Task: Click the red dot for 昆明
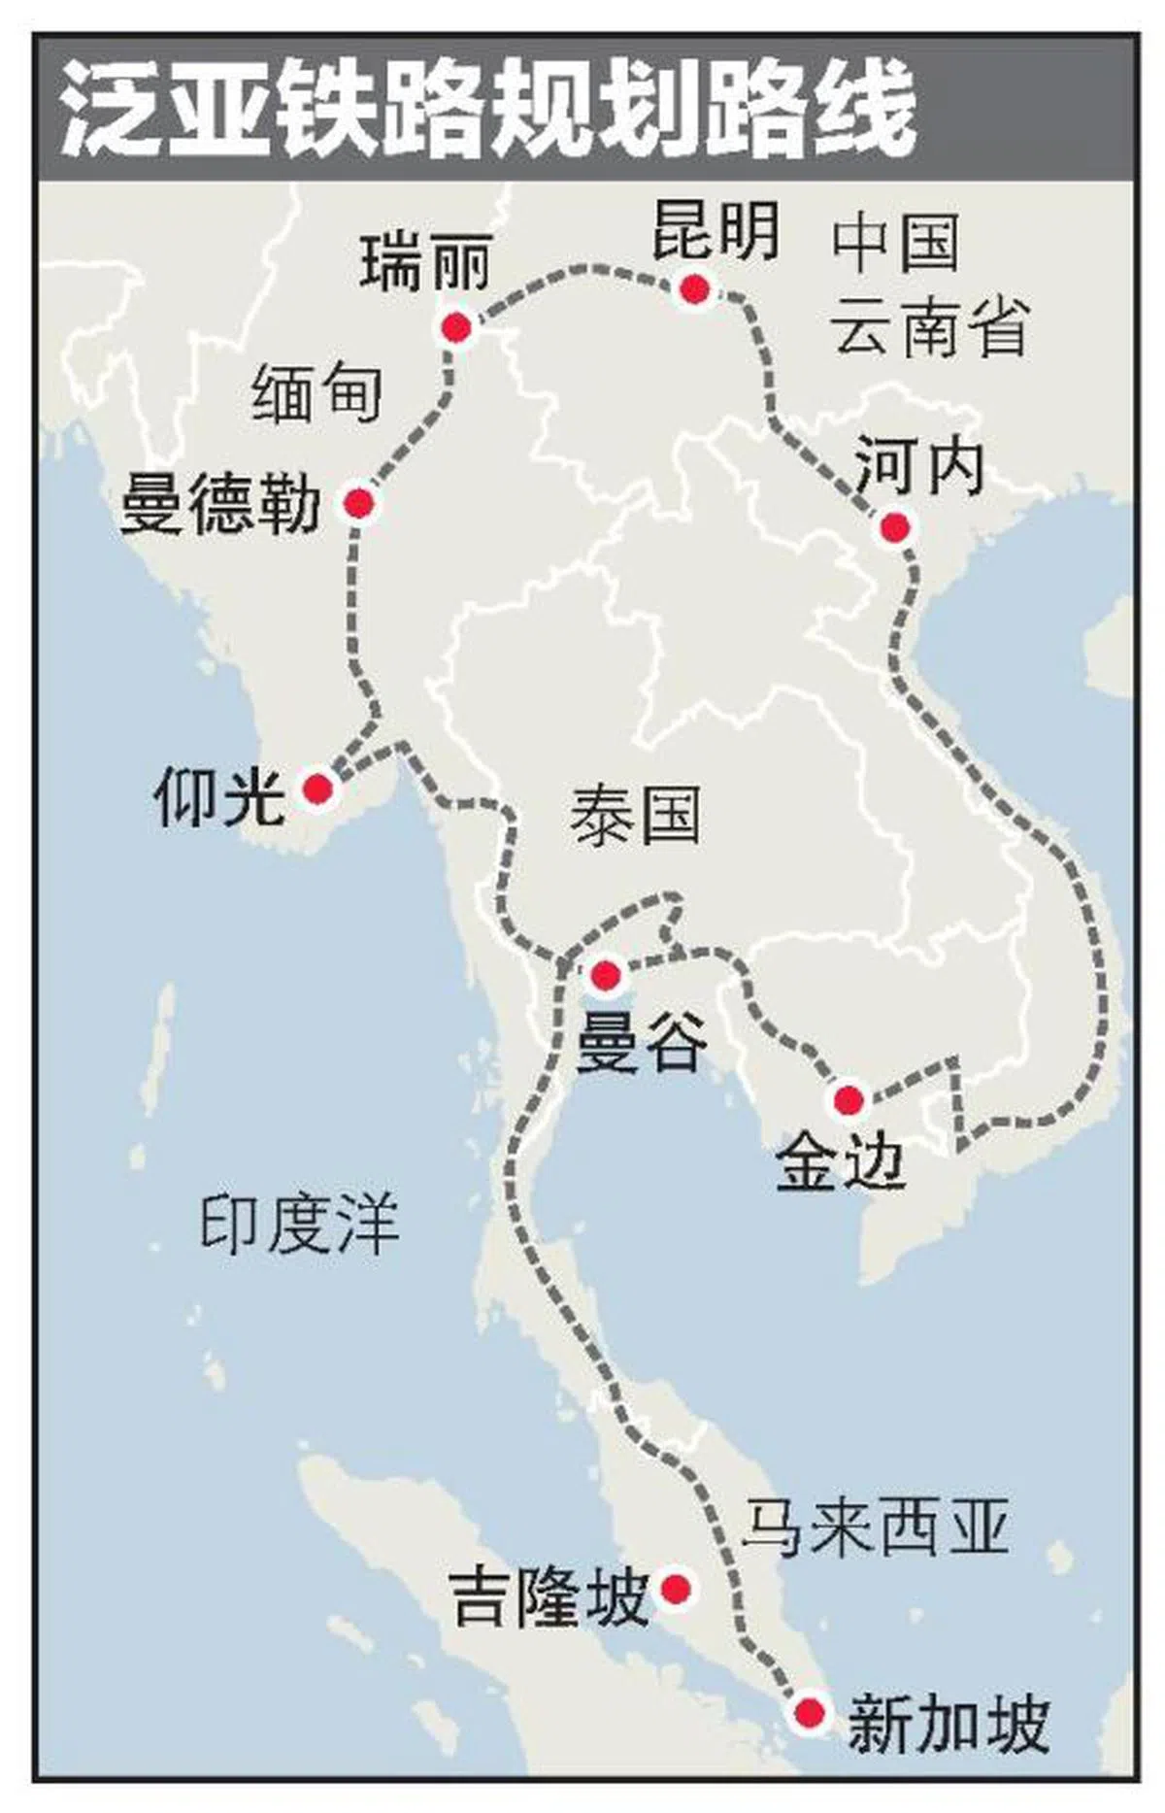(694, 288)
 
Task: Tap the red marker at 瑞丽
(455, 328)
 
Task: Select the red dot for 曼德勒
(358, 503)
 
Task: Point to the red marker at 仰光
(317, 789)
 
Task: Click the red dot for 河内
(894, 527)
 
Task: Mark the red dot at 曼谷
(605, 974)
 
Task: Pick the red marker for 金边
(848, 1100)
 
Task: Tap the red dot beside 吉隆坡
(676, 1589)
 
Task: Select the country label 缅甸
(316, 392)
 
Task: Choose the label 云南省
(931, 326)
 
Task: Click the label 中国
(895, 243)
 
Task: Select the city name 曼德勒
(220, 504)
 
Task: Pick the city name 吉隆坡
(549, 1598)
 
